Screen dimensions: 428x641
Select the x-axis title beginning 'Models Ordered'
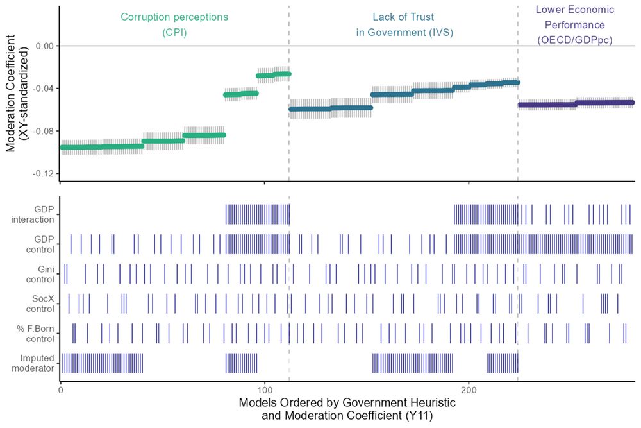pos(346,409)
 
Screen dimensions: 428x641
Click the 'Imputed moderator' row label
pos(37,363)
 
